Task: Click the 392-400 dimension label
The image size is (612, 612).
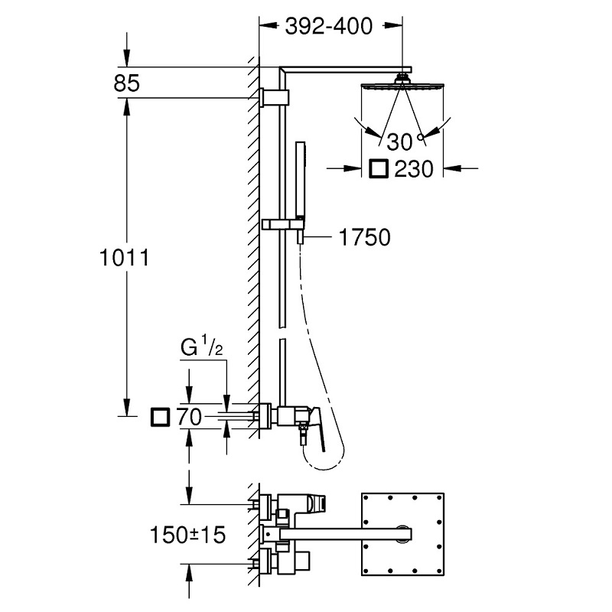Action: click(x=329, y=27)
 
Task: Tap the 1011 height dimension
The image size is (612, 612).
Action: click(x=122, y=258)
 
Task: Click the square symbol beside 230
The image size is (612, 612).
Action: click(x=378, y=168)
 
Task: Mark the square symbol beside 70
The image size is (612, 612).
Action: click(x=160, y=418)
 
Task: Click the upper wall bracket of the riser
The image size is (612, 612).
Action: click(x=275, y=97)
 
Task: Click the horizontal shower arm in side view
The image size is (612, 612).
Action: click(x=344, y=68)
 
